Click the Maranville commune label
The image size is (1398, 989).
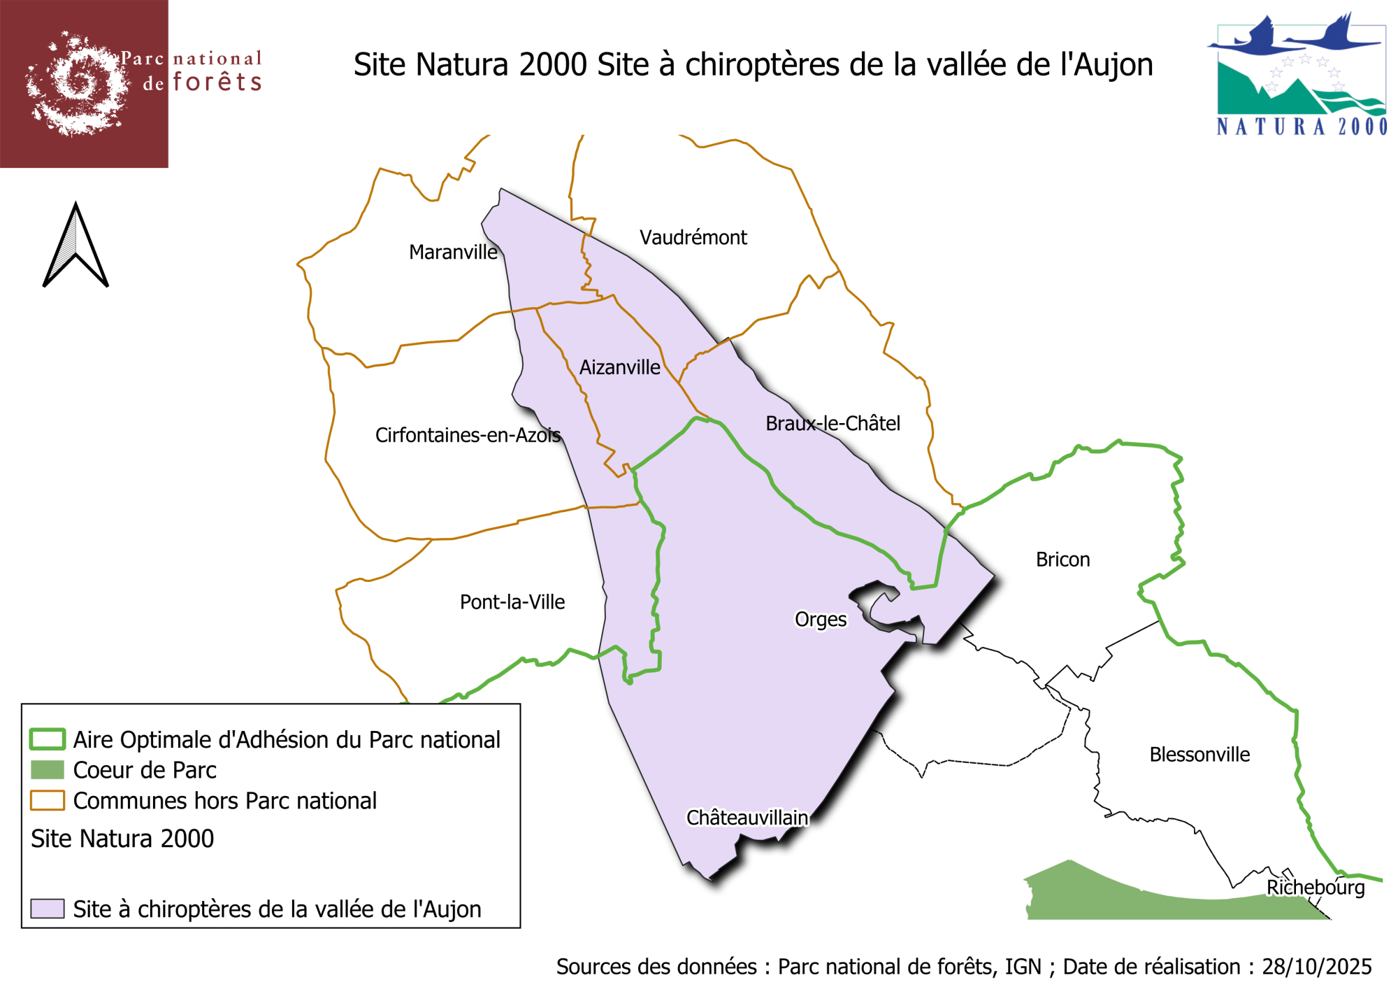453,252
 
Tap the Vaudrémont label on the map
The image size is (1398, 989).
693,238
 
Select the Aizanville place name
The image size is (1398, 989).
619,367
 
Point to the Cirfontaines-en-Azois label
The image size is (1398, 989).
468,435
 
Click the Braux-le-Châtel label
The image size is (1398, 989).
833,423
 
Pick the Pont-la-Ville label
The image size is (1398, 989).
512,602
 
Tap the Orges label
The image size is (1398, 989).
821,620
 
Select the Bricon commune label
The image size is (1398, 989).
1062,560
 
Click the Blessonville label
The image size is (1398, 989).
1199,755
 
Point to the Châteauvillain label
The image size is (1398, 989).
747,818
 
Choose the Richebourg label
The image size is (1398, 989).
1316,888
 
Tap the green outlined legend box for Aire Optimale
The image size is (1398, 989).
48,739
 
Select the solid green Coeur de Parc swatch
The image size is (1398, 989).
48,770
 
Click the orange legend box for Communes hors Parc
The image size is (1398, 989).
48,800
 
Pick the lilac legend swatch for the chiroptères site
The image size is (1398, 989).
48,909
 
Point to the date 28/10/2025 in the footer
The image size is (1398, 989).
1316,967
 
